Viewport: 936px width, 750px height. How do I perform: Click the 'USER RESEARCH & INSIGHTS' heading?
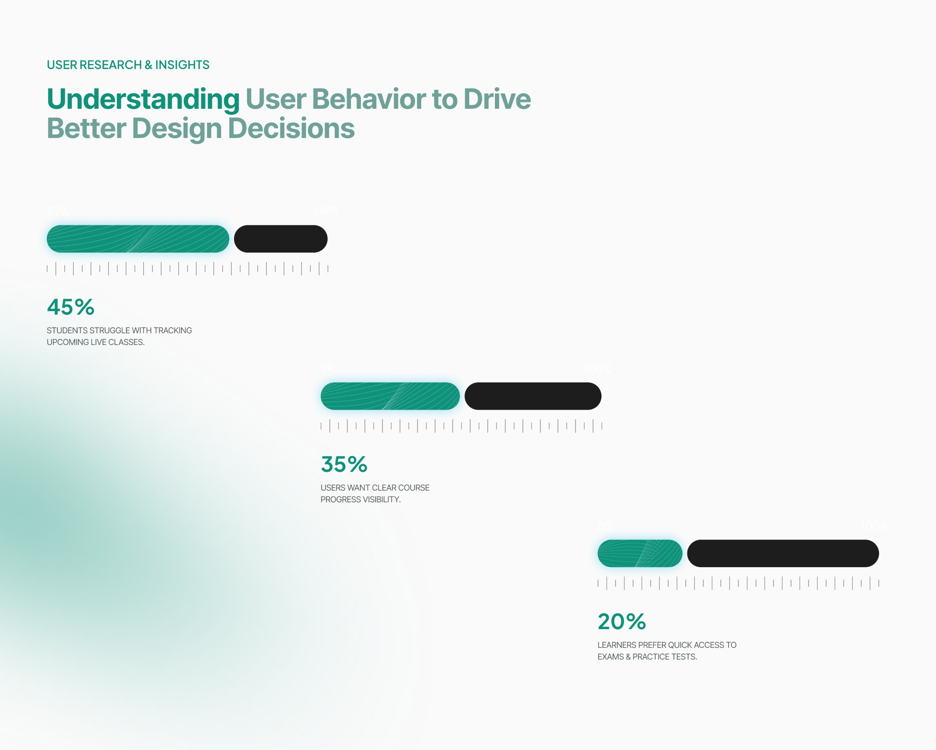[x=128, y=65]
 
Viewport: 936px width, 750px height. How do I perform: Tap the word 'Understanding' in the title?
[x=143, y=99]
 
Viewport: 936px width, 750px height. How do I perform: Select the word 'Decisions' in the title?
[x=291, y=129]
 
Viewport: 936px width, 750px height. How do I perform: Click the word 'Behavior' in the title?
[x=369, y=99]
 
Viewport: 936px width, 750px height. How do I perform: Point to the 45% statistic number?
[x=70, y=307]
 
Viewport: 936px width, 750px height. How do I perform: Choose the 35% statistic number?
[x=344, y=464]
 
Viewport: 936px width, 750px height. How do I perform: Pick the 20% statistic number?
[x=621, y=621]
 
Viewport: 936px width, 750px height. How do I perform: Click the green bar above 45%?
[x=138, y=239]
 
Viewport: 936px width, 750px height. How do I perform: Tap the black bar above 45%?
[x=280, y=239]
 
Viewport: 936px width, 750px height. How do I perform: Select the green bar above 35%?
[x=390, y=396]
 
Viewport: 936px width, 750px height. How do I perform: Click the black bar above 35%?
[x=533, y=396]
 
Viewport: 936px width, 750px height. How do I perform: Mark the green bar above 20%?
[x=640, y=554]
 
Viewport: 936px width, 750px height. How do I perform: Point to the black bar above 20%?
[x=783, y=554]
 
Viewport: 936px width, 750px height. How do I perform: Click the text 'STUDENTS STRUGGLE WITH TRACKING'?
[x=119, y=330]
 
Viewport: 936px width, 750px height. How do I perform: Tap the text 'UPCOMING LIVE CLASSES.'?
[x=96, y=342]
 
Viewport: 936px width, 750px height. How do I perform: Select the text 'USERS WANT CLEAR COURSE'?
[x=375, y=488]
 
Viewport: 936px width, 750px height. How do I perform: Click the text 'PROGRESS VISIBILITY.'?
[x=360, y=500]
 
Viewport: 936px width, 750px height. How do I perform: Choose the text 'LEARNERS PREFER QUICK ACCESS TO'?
[x=667, y=645]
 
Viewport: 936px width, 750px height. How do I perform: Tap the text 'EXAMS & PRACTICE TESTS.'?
[x=647, y=657]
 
